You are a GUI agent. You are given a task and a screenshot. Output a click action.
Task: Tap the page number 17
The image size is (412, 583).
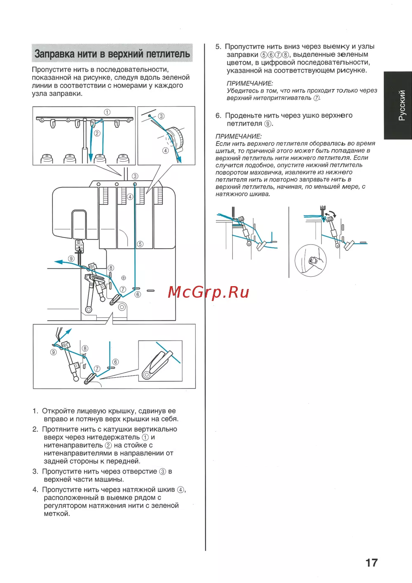[372, 563]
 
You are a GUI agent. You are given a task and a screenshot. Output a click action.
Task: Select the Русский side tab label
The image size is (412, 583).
[402, 105]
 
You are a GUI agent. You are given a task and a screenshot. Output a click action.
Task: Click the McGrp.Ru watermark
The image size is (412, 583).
[208, 292]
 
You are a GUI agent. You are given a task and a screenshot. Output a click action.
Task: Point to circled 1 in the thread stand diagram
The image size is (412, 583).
[107, 112]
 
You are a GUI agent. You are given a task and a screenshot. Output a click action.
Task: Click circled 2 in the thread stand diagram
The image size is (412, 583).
[97, 134]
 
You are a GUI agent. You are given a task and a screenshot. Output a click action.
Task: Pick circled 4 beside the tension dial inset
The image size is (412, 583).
[166, 150]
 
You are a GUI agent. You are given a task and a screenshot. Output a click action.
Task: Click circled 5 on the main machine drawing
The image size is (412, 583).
[140, 244]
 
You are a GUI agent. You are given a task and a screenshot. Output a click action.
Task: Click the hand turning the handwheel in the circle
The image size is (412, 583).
[314, 261]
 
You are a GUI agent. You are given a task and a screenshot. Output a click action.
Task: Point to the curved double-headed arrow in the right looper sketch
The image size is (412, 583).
[331, 214]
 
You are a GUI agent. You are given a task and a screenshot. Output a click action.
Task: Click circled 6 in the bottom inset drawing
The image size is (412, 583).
[115, 362]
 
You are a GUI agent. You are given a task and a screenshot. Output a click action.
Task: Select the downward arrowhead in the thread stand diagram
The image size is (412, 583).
[91, 157]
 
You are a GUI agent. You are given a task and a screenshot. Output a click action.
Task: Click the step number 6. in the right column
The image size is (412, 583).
[218, 115]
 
